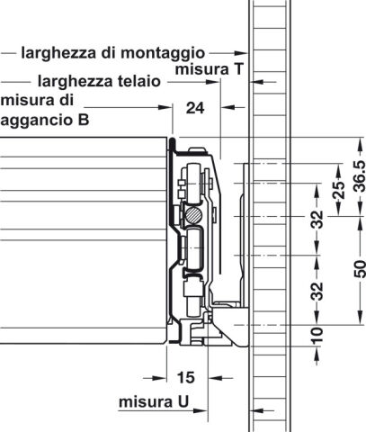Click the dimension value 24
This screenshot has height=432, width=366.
195,108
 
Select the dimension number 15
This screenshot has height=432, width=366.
186,377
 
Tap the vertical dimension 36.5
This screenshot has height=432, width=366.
360,176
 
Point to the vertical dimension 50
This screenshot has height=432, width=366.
360,269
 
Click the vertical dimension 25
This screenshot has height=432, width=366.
339,190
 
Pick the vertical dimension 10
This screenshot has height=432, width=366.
317,336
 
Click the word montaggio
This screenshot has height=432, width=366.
163,53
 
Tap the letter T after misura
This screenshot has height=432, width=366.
237,69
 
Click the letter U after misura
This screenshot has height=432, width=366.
183,401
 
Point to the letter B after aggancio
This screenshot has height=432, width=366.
84,120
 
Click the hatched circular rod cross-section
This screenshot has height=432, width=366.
193,214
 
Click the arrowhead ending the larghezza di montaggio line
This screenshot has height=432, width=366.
241,53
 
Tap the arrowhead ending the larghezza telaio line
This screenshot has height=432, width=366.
213,82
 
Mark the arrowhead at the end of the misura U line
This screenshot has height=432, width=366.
201,410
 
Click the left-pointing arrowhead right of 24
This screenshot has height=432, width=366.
228,106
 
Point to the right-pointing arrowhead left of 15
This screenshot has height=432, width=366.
159,378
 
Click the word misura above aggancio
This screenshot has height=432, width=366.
37,100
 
